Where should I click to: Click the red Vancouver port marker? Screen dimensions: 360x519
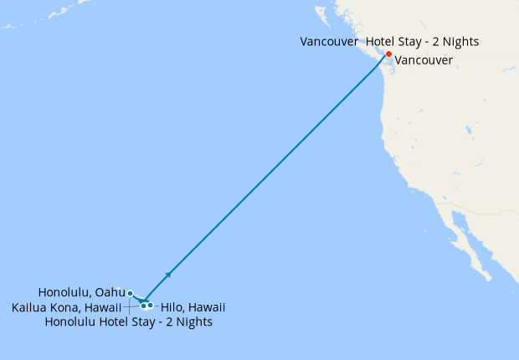pos(388,54)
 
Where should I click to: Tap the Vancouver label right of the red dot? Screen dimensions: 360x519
pos(424,60)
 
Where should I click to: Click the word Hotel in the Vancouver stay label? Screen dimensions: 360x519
pos(382,41)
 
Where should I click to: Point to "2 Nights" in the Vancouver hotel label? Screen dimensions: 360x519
pos(457,41)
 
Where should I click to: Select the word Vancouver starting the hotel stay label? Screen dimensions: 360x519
pos(330,41)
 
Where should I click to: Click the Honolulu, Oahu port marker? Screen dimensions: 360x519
pos(130,293)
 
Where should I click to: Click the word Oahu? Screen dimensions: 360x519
pos(110,293)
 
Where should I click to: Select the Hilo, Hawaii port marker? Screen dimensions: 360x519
pos(150,305)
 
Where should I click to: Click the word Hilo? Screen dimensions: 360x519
pos(171,308)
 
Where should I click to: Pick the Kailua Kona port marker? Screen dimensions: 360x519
pos(143,306)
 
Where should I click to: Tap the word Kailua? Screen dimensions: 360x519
pos(30,308)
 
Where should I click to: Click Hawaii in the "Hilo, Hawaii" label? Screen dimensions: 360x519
pos(206,308)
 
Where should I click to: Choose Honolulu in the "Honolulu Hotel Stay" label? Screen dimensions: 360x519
pos(71,321)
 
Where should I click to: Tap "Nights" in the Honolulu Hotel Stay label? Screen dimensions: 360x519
pos(193,321)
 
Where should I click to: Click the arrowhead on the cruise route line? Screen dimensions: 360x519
pos(169,274)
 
